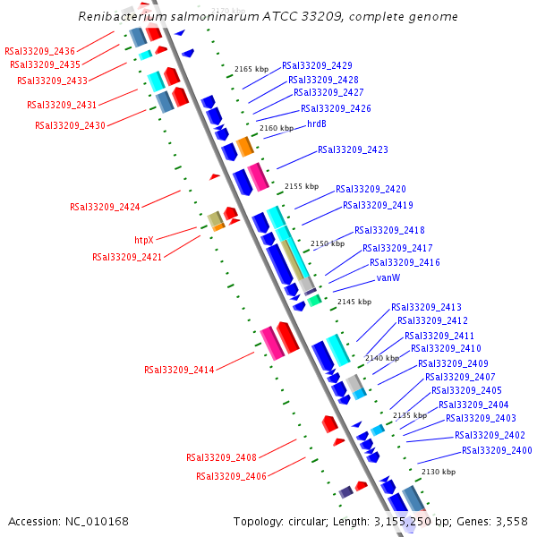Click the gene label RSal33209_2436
39,51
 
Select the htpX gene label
144,240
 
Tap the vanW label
388,277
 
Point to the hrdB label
317,124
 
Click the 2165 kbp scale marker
251,69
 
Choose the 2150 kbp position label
327,243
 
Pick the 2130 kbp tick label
438,472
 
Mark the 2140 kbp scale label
381,358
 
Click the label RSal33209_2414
179,370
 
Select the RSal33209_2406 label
231,476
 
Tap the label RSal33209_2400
497,450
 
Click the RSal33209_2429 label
317,65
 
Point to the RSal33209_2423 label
353,149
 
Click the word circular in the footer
310,521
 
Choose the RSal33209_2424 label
105,207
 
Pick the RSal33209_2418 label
389,230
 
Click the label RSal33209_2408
221,457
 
